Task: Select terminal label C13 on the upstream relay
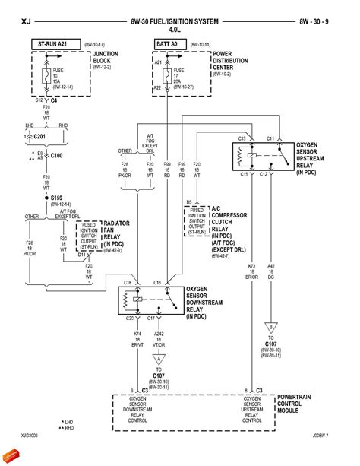point(242,139)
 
